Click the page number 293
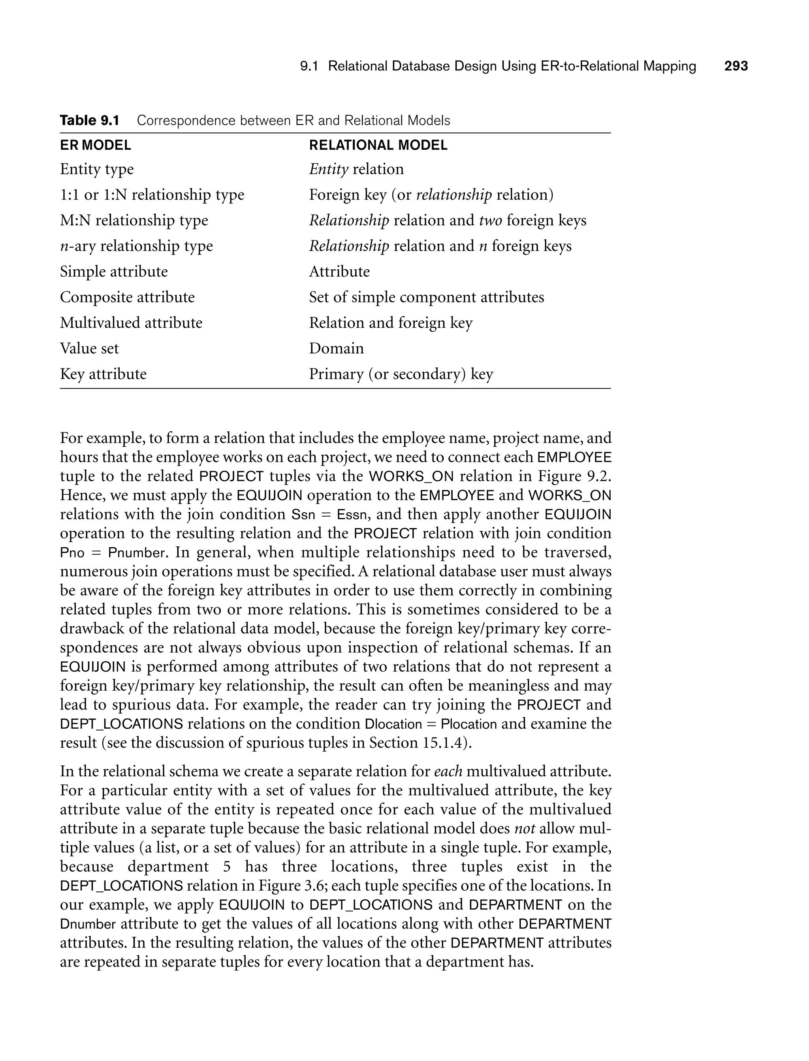pos(736,66)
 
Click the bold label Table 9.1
pos(90,121)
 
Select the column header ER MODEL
pos(95,145)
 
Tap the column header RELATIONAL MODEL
pos(378,145)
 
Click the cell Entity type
pos(97,169)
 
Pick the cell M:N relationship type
pos(134,220)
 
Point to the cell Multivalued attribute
pos(131,322)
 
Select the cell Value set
pos(89,348)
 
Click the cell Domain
pos(336,348)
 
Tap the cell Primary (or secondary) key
pos(401,374)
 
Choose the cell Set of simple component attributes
pos(426,297)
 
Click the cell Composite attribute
pos(127,297)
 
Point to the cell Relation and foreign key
pos(391,322)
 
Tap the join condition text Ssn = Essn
pos(330,515)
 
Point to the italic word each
pos(448,771)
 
